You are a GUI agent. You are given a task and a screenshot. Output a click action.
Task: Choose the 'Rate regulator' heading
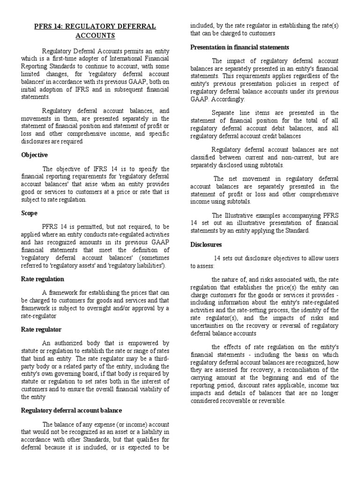[x=41, y=330]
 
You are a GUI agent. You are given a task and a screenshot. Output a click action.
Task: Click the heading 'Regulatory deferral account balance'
[x=72, y=411]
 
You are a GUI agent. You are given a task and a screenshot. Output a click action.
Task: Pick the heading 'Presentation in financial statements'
[x=240, y=47]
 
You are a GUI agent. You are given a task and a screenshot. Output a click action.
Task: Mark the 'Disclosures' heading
[x=206, y=245]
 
